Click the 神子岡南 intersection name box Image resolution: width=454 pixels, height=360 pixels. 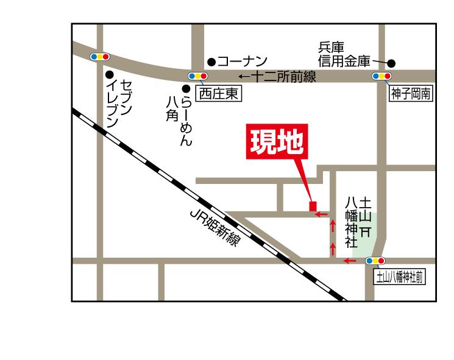[x=411, y=94]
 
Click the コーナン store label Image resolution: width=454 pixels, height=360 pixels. [x=242, y=61]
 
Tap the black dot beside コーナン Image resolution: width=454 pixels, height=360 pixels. [x=211, y=62]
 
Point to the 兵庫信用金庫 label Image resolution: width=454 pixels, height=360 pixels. [x=343, y=54]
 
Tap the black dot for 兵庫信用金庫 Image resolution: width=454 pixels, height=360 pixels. [x=391, y=63]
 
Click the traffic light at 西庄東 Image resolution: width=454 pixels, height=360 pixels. [x=198, y=76]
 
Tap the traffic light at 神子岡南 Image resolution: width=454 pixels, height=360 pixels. [x=381, y=76]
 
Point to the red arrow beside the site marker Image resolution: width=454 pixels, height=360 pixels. [x=321, y=214]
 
